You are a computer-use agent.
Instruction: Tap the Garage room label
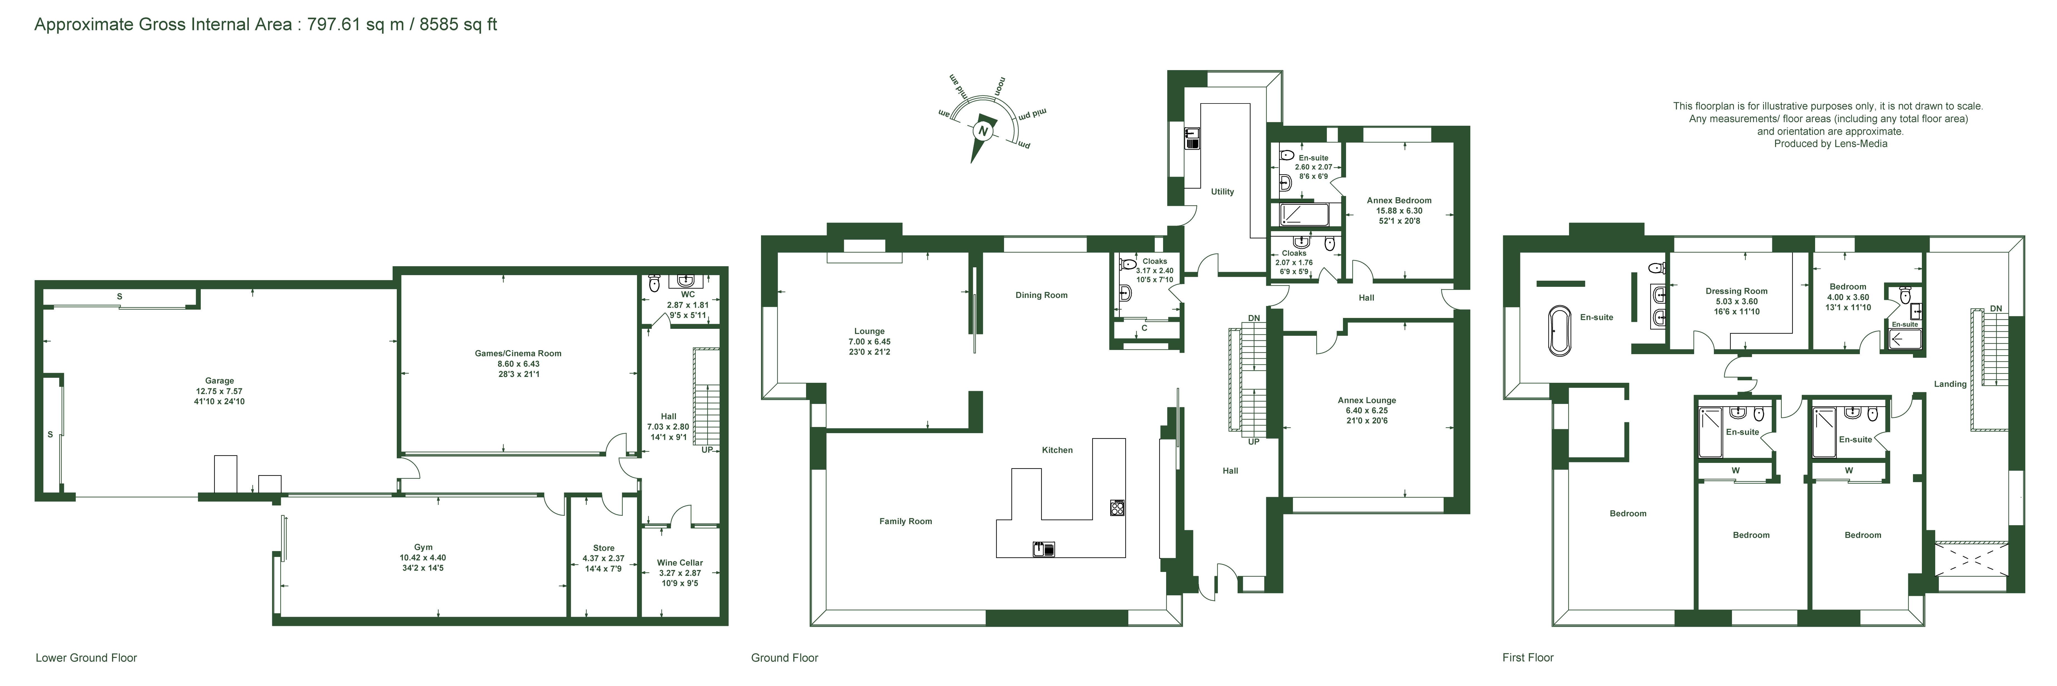coord(220,381)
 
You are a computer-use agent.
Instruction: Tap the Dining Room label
coord(1041,295)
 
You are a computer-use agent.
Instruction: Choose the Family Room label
coord(906,522)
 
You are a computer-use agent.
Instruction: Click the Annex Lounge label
coord(1367,400)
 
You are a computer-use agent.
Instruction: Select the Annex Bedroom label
coord(1399,201)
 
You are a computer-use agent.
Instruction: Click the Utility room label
coord(1223,192)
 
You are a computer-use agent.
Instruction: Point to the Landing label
coord(1950,384)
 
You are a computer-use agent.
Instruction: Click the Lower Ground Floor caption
coord(86,658)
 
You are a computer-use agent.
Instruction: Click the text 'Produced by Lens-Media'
coord(1830,144)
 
